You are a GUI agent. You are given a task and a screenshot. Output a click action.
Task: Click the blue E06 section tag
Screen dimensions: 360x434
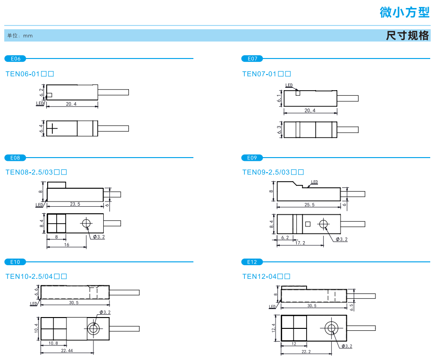pos(15,59)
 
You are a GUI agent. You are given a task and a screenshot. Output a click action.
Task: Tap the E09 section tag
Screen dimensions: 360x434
pos(252,158)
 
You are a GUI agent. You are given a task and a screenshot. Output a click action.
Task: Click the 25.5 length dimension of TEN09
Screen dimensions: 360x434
pos(309,205)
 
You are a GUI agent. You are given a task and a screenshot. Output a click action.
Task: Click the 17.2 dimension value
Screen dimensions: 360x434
pos(300,243)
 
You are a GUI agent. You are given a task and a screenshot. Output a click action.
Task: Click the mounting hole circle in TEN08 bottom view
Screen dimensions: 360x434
pos(86,223)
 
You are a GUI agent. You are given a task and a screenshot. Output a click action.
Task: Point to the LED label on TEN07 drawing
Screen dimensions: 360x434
pos(289,85)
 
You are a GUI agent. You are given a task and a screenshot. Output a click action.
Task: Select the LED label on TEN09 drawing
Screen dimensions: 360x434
pos(314,182)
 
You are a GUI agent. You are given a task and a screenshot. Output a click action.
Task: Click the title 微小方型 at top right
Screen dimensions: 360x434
pos(404,13)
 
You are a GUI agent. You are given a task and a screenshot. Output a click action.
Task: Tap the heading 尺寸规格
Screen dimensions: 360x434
pos(408,35)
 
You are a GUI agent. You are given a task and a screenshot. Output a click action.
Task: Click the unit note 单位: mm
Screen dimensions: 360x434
pos(20,36)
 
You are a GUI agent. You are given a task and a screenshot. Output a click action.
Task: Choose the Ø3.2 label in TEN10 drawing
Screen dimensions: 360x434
pos(105,313)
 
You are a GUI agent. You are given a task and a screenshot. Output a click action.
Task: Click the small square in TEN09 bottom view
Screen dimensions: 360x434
pos(307,224)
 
